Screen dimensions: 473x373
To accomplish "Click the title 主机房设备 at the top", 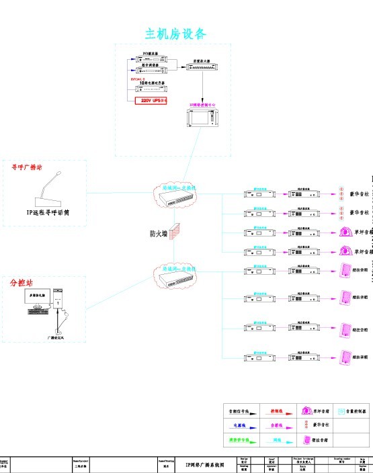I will pyautogui.click(x=176, y=34).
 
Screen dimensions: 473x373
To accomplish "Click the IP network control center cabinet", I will pyautogui.click(x=201, y=120).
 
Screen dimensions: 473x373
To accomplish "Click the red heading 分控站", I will pyautogui.click(x=22, y=282).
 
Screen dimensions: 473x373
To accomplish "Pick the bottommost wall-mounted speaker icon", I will pyautogui.click(x=345, y=356).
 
